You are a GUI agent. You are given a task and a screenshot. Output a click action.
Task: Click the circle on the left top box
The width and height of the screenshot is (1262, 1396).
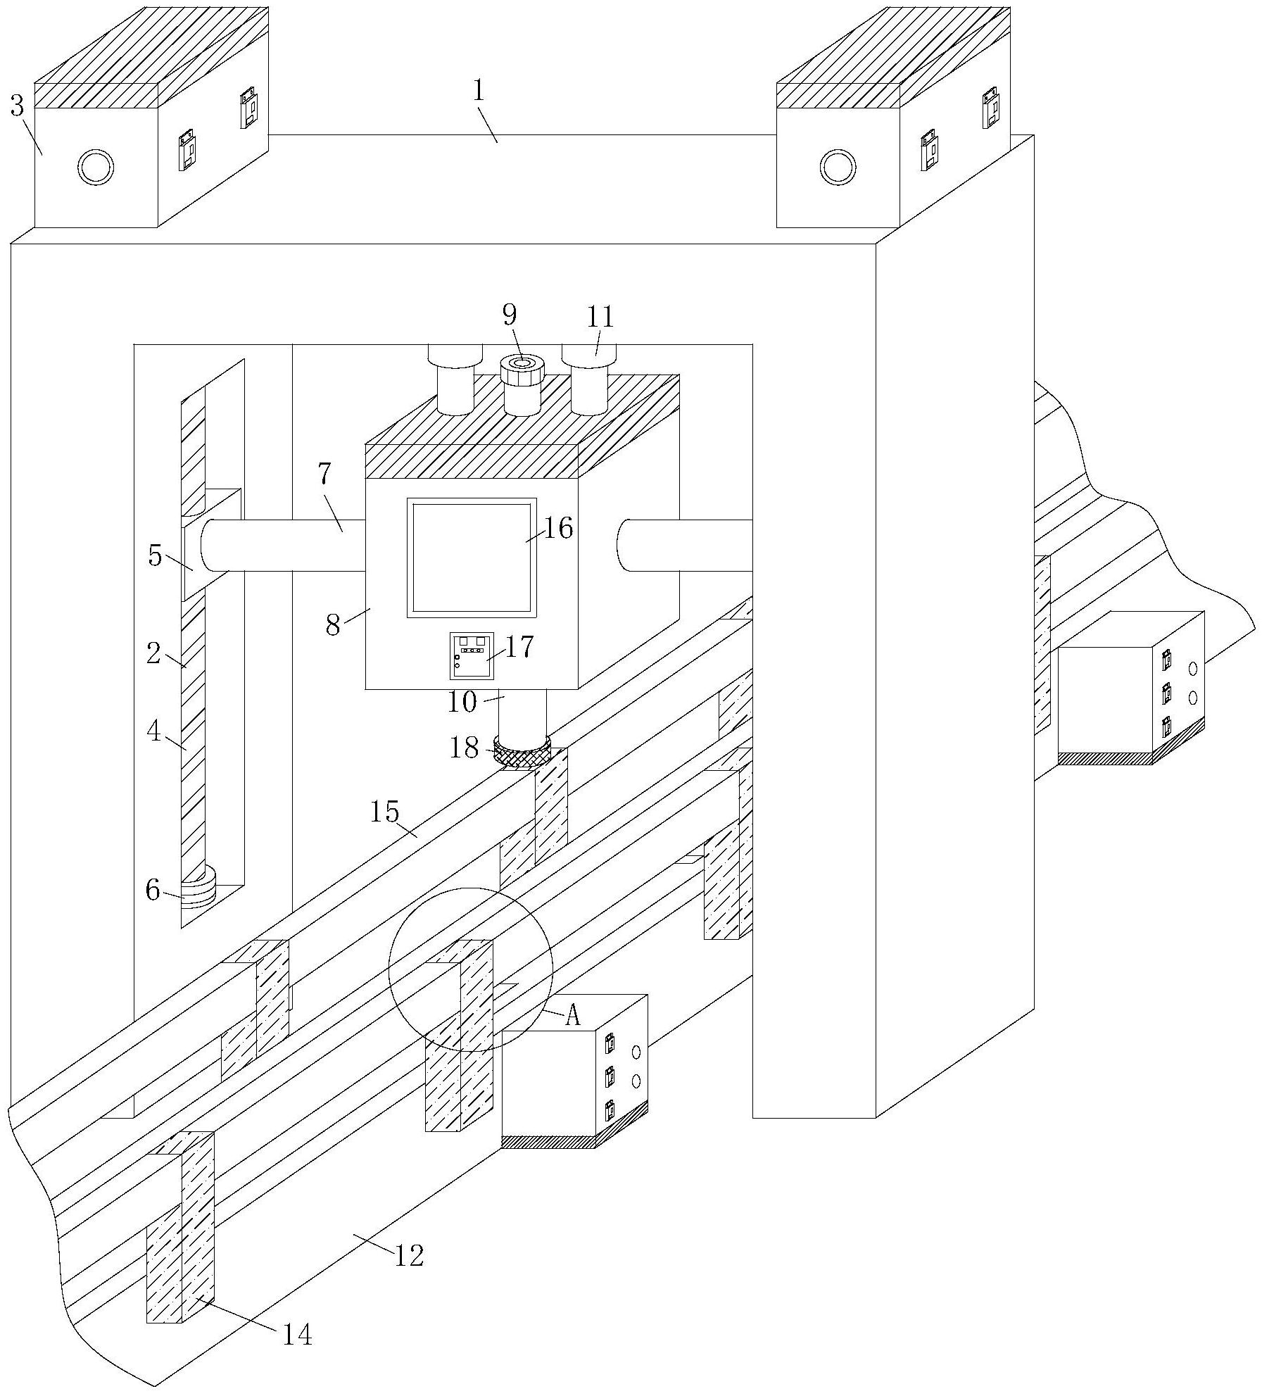96,168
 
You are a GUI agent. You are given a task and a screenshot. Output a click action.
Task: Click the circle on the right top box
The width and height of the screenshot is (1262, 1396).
838,168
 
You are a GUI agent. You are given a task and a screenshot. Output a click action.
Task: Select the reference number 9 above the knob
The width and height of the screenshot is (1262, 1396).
510,315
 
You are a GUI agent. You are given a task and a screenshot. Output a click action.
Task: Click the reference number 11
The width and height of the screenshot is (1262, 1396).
601,317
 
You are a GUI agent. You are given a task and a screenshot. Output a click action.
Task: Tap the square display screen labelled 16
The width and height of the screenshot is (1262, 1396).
472,557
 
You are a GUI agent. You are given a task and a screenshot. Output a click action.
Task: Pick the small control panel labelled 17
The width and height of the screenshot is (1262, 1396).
468,655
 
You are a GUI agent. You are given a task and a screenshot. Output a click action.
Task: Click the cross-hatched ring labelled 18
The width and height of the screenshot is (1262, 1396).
522,753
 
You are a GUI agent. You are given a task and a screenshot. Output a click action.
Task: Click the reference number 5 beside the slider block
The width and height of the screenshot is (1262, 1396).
156,557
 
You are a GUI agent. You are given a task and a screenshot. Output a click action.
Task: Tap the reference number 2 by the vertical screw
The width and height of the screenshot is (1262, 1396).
154,654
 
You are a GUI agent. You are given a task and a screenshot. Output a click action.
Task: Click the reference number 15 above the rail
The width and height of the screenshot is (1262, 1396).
385,812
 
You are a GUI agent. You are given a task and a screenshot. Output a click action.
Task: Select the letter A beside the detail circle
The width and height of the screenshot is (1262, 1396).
574,1016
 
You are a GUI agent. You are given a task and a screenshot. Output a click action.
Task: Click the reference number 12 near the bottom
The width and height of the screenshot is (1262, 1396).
409,1255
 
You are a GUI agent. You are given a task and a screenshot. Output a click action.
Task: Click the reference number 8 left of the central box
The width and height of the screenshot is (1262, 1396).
334,624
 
